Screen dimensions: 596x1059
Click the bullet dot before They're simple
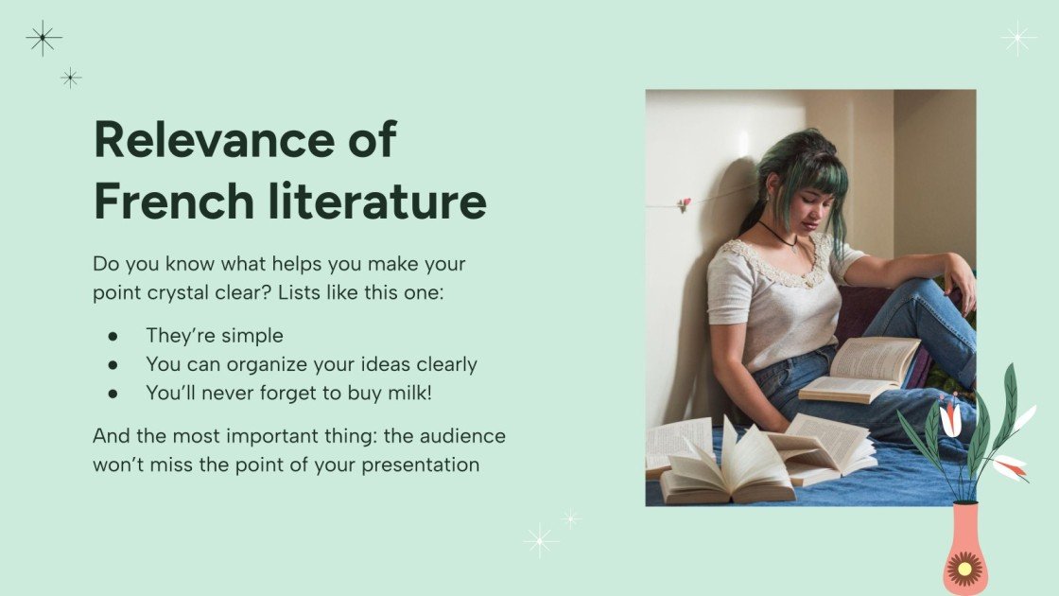pos(113,336)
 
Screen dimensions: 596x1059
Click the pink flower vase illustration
pos(965,549)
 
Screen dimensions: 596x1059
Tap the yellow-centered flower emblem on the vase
pos(965,570)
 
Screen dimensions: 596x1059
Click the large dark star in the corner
pos(43,38)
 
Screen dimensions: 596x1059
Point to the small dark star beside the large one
pos(71,78)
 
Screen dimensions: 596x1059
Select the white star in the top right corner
pos(1018,38)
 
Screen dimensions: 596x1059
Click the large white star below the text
pos(541,540)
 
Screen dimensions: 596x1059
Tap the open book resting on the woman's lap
pos(860,369)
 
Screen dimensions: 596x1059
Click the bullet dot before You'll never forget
pos(113,393)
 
